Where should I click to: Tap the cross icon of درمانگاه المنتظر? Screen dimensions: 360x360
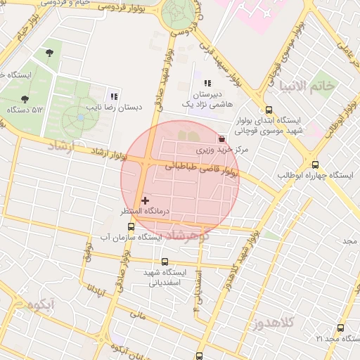pos(146,201)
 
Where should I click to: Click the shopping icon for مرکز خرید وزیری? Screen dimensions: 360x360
pos(222,139)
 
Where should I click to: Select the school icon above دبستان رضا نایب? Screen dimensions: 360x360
pos(113,96)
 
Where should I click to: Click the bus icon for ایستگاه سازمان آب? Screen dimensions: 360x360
pos(131,227)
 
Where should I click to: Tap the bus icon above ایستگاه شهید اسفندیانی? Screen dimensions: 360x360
pos(165,262)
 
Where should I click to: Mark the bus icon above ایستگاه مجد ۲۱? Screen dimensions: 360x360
pos(341,328)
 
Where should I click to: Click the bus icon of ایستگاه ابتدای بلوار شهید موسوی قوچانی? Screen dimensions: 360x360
pos(269,110)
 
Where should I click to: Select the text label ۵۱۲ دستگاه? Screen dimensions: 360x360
pos(25,110)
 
